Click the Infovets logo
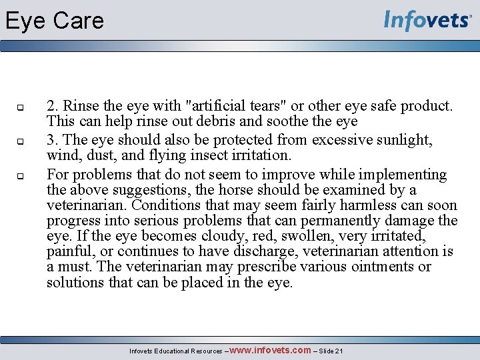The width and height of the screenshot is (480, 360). point(427,21)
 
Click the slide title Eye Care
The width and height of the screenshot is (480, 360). point(55,21)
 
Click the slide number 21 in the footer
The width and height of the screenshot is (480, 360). point(339,351)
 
